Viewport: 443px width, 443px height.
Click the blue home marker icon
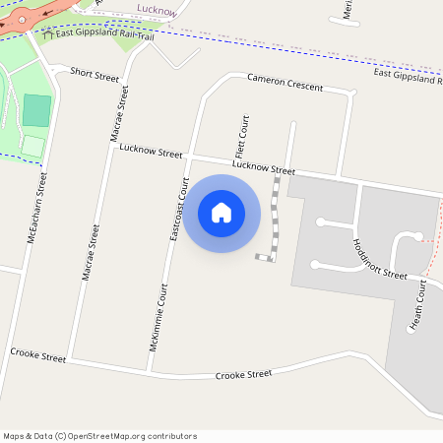(x=221, y=212)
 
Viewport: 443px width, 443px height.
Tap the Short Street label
(x=95, y=74)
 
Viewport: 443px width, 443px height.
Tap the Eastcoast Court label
(x=179, y=209)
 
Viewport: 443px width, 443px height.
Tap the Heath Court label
(x=416, y=305)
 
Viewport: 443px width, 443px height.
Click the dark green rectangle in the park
(x=36, y=109)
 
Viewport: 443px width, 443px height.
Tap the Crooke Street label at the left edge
(x=37, y=354)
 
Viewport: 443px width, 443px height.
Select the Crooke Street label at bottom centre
(x=243, y=374)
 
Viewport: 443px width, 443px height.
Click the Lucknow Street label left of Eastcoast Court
(x=151, y=153)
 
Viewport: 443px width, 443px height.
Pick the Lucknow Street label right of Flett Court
(x=263, y=169)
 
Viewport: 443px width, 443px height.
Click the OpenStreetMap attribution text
(x=99, y=436)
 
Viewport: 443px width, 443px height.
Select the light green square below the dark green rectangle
(x=33, y=146)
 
